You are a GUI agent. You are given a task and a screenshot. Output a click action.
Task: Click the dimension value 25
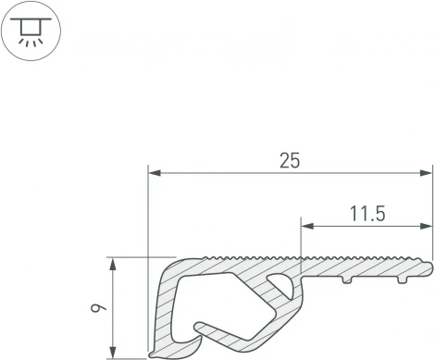290,160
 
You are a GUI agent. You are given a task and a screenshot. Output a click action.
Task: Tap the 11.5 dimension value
367,214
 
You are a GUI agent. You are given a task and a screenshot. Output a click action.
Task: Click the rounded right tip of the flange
429,268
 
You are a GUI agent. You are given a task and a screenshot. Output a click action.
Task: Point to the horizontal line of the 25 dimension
231,172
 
